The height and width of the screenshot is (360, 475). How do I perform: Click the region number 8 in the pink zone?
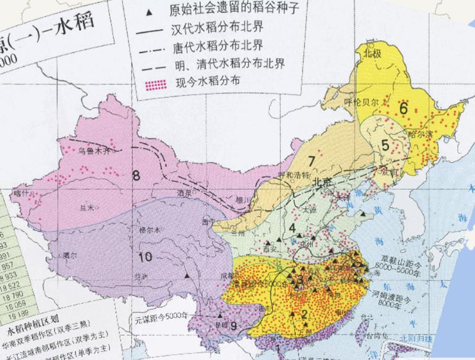(x=136, y=175)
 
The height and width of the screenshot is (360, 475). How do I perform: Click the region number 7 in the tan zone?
(x=312, y=161)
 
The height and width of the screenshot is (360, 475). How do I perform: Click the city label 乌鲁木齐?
(x=93, y=150)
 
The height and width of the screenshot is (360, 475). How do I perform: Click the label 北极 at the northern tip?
(x=374, y=53)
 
